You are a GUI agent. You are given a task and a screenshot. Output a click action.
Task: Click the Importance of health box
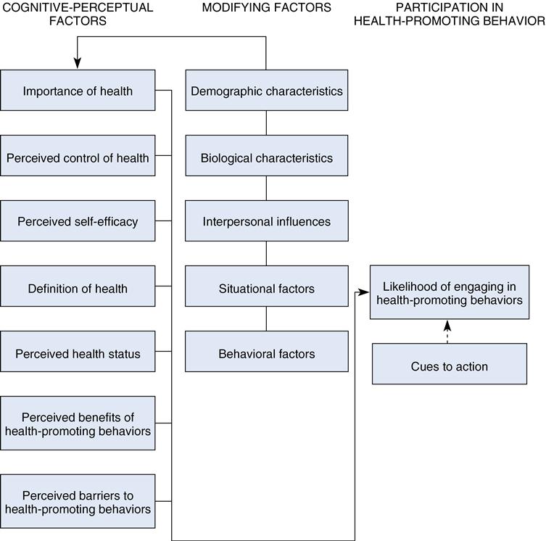pyautogui.click(x=78, y=91)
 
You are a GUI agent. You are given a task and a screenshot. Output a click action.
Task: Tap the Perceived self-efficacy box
pyautogui.click(x=78, y=221)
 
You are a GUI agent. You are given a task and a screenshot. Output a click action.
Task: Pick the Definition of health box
pyautogui.click(x=78, y=288)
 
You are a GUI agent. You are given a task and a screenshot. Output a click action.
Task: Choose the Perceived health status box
pyautogui.click(x=78, y=354)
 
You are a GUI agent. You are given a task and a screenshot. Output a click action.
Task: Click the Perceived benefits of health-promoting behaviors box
pyautogui.click(x=78, y=424)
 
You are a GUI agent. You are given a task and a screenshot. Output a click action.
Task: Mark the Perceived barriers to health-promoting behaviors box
pyautogui.click(x=78, y=502)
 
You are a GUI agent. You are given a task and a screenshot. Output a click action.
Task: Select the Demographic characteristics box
pyautogui.click(x=266, y=91)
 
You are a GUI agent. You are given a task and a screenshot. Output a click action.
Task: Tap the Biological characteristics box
pyautogui.click(x=266, y=157)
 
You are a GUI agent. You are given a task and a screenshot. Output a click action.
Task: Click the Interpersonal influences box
pyautogui.click(x=266, y=221)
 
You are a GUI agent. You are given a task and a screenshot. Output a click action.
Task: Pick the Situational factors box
pyautogui.click(x=266, y=288)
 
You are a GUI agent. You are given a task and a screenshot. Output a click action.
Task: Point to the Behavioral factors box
pyautogui.click(x=266, y=354)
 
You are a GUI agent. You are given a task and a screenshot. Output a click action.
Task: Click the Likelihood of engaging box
pyautogui.click(x=450, y=292)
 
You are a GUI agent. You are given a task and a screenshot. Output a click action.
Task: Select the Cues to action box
pyautogui.click(x=450, y=366)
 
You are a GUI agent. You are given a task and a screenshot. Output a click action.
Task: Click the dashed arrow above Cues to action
pyautogui.click(x=447, y=331)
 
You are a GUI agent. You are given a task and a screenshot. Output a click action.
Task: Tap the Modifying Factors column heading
pyautogui.click(x=266, y=8)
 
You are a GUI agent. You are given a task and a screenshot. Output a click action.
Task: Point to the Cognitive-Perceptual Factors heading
pyautogui.click(x=78, y=15)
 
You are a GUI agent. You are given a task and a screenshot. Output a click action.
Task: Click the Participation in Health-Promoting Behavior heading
pyautogui.click(x=449, y=15)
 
